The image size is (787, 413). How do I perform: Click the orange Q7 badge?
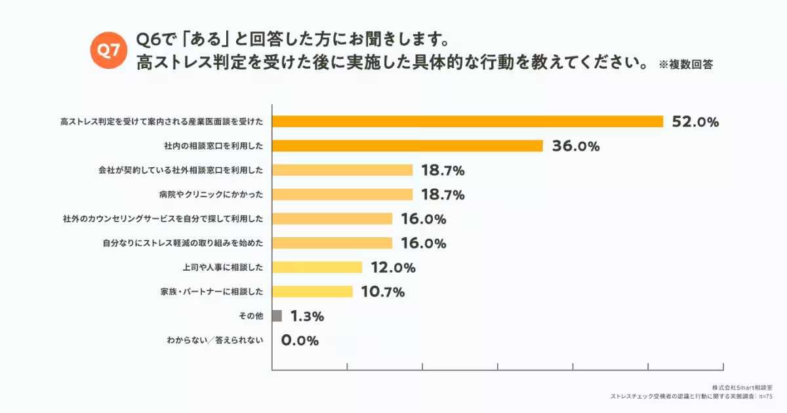click(108, 50)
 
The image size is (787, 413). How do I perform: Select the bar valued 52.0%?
click(468, 121)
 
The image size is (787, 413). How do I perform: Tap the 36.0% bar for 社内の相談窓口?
click(407, 146)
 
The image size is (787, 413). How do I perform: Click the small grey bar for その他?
click(277, 316)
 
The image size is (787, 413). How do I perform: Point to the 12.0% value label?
click(393, 267)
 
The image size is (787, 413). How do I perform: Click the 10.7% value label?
click(382, 292)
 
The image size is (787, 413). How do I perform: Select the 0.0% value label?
click(300, 341)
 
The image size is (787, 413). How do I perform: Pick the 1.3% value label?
click(307, 317)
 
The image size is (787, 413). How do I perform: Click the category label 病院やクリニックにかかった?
click(211, 195)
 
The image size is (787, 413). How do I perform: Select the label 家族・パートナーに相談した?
click(212, 292)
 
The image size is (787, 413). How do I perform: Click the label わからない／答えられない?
click(215, 341)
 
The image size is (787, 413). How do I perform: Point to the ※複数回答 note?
click(685, 65)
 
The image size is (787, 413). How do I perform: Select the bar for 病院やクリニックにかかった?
click(342, 194)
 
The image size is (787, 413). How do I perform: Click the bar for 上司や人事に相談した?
click(317, 267)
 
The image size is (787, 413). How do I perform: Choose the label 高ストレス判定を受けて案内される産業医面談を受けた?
click(161, 121)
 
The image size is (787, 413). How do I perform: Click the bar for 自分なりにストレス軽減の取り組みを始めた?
click(332, 243)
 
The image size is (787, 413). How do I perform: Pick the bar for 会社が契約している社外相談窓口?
click(342, 170)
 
